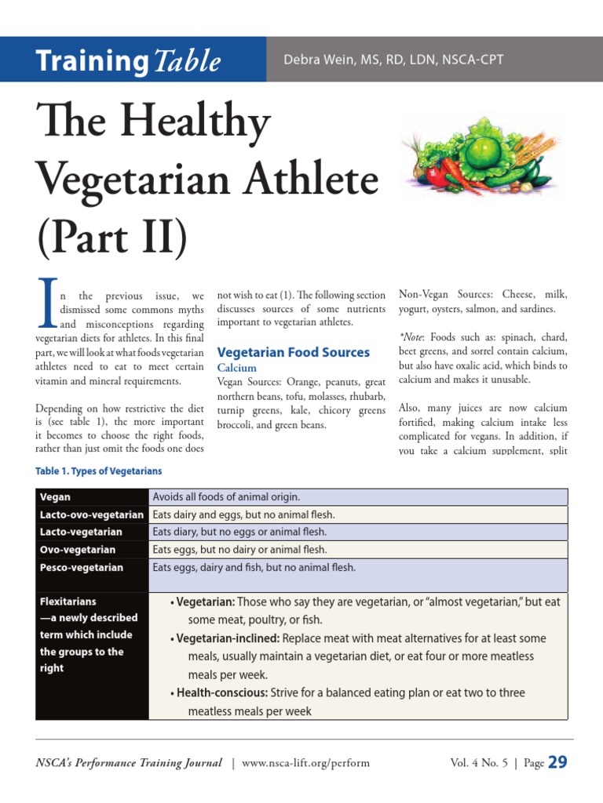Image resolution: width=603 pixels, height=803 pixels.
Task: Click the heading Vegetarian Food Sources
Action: coord(293,352)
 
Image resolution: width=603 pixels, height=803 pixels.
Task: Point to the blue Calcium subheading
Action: coord(236,367)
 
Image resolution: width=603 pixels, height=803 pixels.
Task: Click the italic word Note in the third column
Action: coord(415,336)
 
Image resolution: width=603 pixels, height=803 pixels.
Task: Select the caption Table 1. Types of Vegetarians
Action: coord(99,471)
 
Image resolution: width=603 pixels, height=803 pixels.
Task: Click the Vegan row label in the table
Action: coord(55,497)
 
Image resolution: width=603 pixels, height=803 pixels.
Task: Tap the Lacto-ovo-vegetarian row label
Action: coord(92,514)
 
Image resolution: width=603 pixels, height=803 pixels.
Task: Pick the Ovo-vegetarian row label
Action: coord(77,550)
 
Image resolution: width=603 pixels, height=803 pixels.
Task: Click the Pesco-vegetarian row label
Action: coord(82,567)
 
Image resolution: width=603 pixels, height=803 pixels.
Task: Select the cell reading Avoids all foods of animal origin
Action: coord(227,497)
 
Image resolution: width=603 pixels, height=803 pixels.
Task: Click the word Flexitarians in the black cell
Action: coord(68,601)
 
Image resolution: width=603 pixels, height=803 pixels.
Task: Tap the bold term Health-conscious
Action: coord(222,693)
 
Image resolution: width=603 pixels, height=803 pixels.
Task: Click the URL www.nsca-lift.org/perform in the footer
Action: coord(305,762)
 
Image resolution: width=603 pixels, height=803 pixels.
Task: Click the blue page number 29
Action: coord(557,761)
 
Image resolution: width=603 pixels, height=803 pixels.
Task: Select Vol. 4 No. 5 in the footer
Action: coord(479,762)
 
